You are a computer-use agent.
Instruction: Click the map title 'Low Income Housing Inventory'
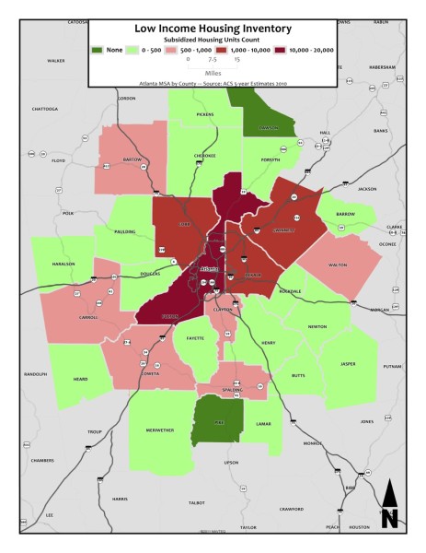212,29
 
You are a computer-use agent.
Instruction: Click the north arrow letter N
388,518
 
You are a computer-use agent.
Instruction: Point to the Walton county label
338,265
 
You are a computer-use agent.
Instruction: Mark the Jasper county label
348,364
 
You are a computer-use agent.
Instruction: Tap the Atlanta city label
211,269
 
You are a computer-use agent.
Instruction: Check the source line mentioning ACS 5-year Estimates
212,81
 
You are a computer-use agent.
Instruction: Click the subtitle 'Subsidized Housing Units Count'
212,41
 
